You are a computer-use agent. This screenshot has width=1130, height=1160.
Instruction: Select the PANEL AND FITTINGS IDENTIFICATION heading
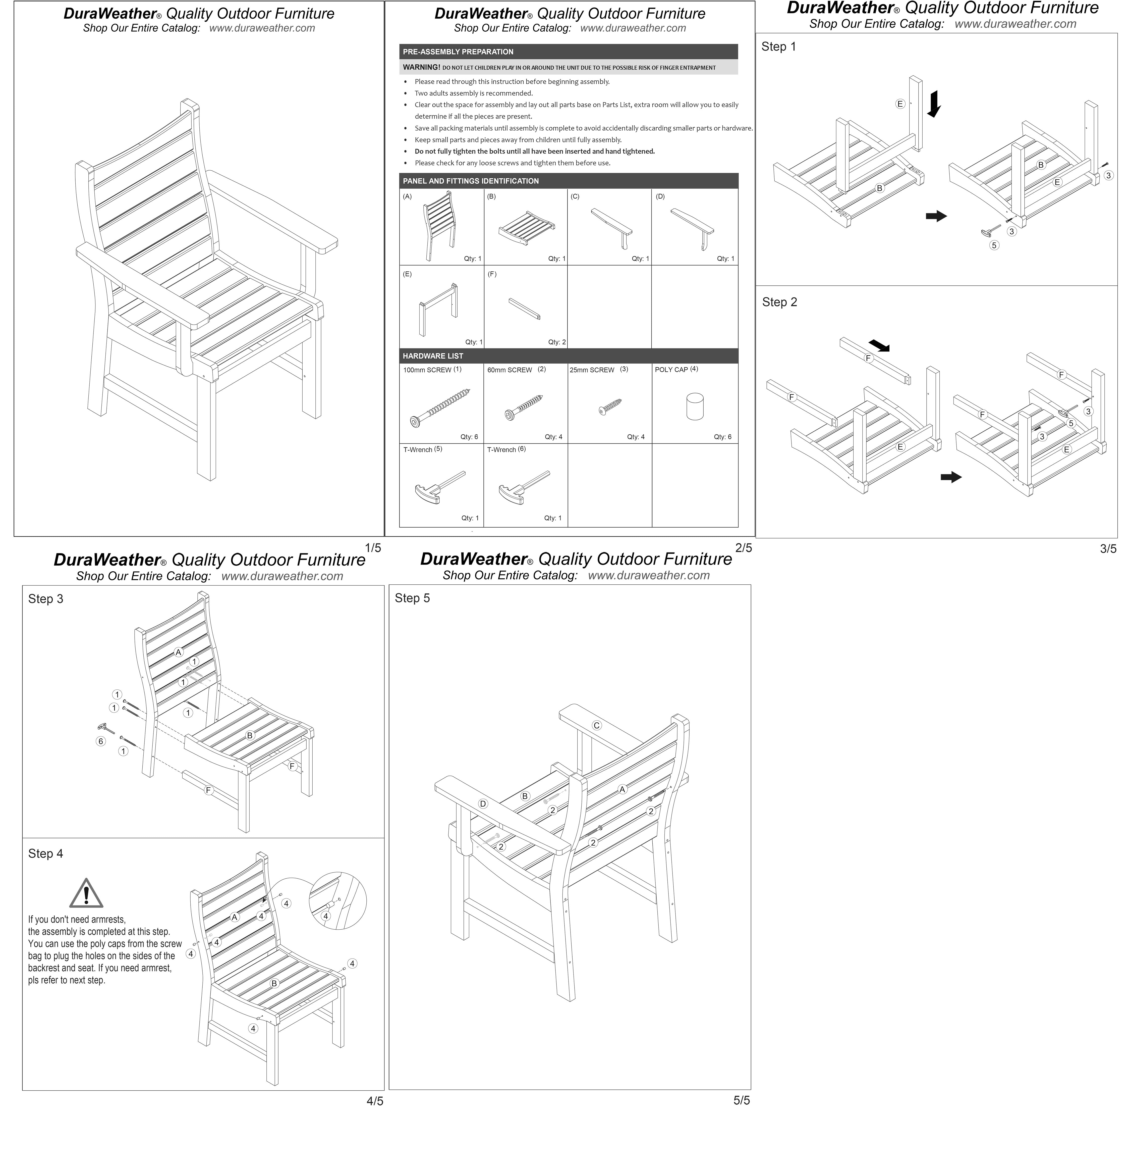point(471,181)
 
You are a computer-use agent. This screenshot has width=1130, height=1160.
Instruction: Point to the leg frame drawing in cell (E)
point(438,309)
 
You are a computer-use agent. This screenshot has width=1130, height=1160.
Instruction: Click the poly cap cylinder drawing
point(694,407)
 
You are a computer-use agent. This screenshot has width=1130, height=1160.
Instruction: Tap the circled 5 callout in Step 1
point(994,245)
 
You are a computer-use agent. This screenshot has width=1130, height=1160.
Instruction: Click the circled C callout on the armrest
point(596,725)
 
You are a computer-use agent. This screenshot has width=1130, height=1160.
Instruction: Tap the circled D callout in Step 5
point(482,804)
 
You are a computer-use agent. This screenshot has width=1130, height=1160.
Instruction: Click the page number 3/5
point(1107,549)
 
